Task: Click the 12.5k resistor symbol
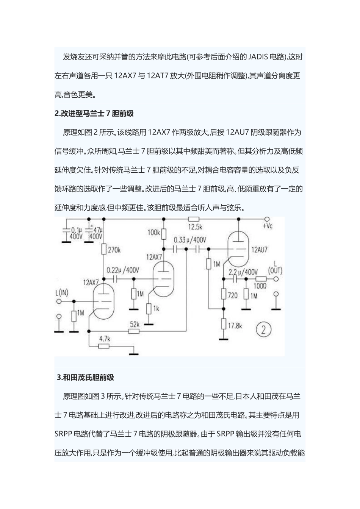194,219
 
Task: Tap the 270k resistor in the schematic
104,249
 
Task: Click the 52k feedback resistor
134,331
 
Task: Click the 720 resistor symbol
224,294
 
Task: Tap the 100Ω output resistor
260,279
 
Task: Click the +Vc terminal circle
267,219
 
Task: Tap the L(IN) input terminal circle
59,301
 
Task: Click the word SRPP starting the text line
63,434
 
